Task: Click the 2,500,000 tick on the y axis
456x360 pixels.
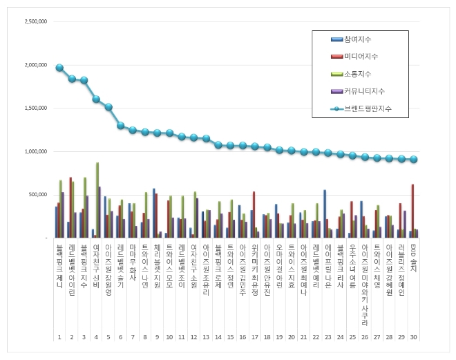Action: click(35, 21)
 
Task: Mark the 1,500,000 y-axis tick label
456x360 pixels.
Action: click(35, 108)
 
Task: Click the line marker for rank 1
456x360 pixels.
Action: click(59, 68)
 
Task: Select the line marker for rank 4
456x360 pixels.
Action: click(96, 99)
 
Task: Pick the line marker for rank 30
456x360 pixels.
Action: click(413, 159)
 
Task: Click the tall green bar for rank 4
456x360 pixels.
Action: click(97, 200)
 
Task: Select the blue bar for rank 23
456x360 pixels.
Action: click(325, 214)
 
